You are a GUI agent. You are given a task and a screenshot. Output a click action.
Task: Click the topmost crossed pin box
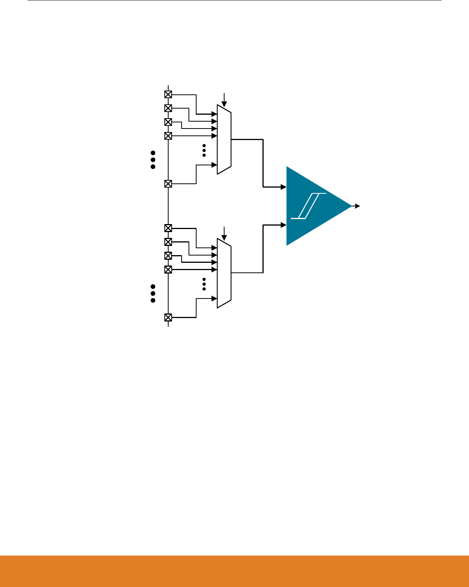168,94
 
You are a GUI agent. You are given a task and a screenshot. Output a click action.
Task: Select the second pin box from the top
168,108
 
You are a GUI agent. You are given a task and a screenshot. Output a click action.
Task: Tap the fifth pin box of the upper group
168,184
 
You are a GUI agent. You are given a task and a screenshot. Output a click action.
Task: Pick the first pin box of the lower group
168,228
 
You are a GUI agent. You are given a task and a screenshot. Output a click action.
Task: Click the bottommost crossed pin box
168,317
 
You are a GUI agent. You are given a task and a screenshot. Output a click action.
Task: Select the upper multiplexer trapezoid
224,140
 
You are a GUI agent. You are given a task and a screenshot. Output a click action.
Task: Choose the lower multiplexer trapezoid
224,273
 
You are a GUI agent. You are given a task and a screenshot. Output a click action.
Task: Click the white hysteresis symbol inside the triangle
308,206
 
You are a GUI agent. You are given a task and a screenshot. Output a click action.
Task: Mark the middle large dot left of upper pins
153,160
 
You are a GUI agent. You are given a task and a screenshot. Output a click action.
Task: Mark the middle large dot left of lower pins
153,293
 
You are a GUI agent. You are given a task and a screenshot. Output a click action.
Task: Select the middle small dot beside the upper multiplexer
204,150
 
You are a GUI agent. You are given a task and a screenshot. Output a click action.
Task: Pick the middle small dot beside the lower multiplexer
204,284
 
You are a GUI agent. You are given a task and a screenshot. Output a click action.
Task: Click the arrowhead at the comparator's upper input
284,187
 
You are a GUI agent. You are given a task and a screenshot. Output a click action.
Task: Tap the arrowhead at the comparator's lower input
284,225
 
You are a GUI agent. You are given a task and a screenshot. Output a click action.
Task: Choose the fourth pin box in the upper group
168,136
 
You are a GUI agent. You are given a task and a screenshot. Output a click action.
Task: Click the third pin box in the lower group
168,256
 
